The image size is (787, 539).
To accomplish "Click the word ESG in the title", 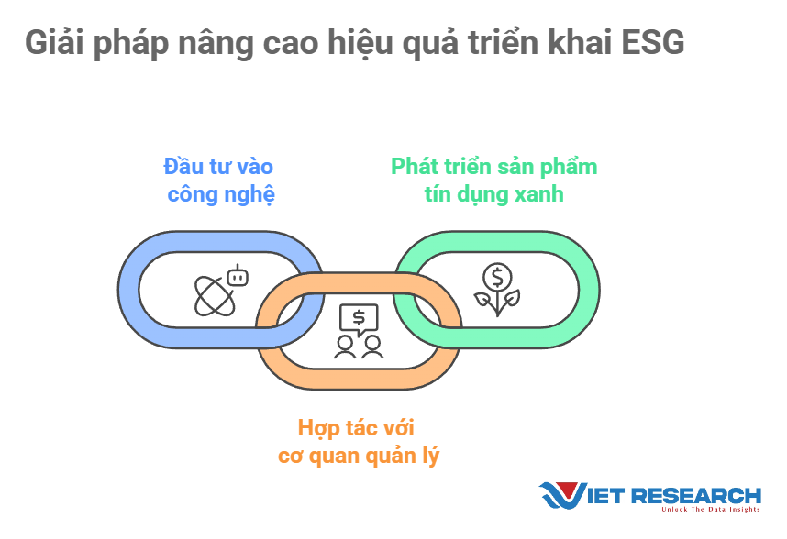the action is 652,42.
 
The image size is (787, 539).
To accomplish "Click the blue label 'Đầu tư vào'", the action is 218,167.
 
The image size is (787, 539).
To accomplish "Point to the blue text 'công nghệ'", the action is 221,195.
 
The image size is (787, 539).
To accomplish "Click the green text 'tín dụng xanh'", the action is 493,194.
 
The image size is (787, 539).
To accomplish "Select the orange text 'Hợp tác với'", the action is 356,428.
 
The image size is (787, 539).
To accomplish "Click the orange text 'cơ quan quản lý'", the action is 359,456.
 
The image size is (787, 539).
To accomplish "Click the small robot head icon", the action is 238,276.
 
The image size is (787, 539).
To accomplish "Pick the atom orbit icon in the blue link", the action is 215,297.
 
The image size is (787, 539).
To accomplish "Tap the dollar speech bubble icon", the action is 359,319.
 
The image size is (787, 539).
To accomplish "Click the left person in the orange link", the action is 345,347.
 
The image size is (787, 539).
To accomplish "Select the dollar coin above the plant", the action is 497,277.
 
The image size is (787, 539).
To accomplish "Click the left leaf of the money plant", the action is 482,300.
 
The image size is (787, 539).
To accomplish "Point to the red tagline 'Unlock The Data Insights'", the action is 711,510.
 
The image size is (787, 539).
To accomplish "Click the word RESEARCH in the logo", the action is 695,496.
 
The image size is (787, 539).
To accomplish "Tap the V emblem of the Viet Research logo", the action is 562,495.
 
